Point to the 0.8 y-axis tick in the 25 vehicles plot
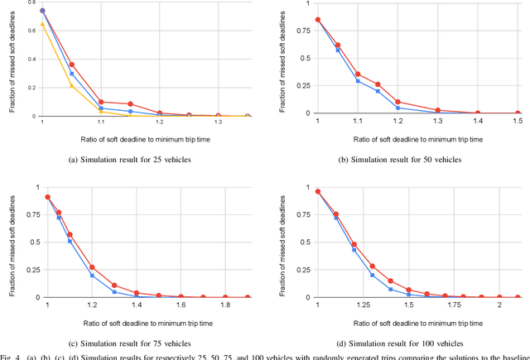point(31,2)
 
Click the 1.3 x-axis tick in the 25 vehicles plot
point(218,122)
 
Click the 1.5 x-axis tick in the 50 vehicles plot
point(518,121)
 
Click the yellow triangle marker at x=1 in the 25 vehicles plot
point(42,25)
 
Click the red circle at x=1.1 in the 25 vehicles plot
point(101,102)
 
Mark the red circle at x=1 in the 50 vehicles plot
point(318,20)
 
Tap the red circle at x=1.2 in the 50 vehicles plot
point(397,102)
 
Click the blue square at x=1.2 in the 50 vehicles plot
point(397,108)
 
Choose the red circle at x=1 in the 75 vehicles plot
point(47,197)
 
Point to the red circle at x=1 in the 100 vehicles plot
point(318,191)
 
